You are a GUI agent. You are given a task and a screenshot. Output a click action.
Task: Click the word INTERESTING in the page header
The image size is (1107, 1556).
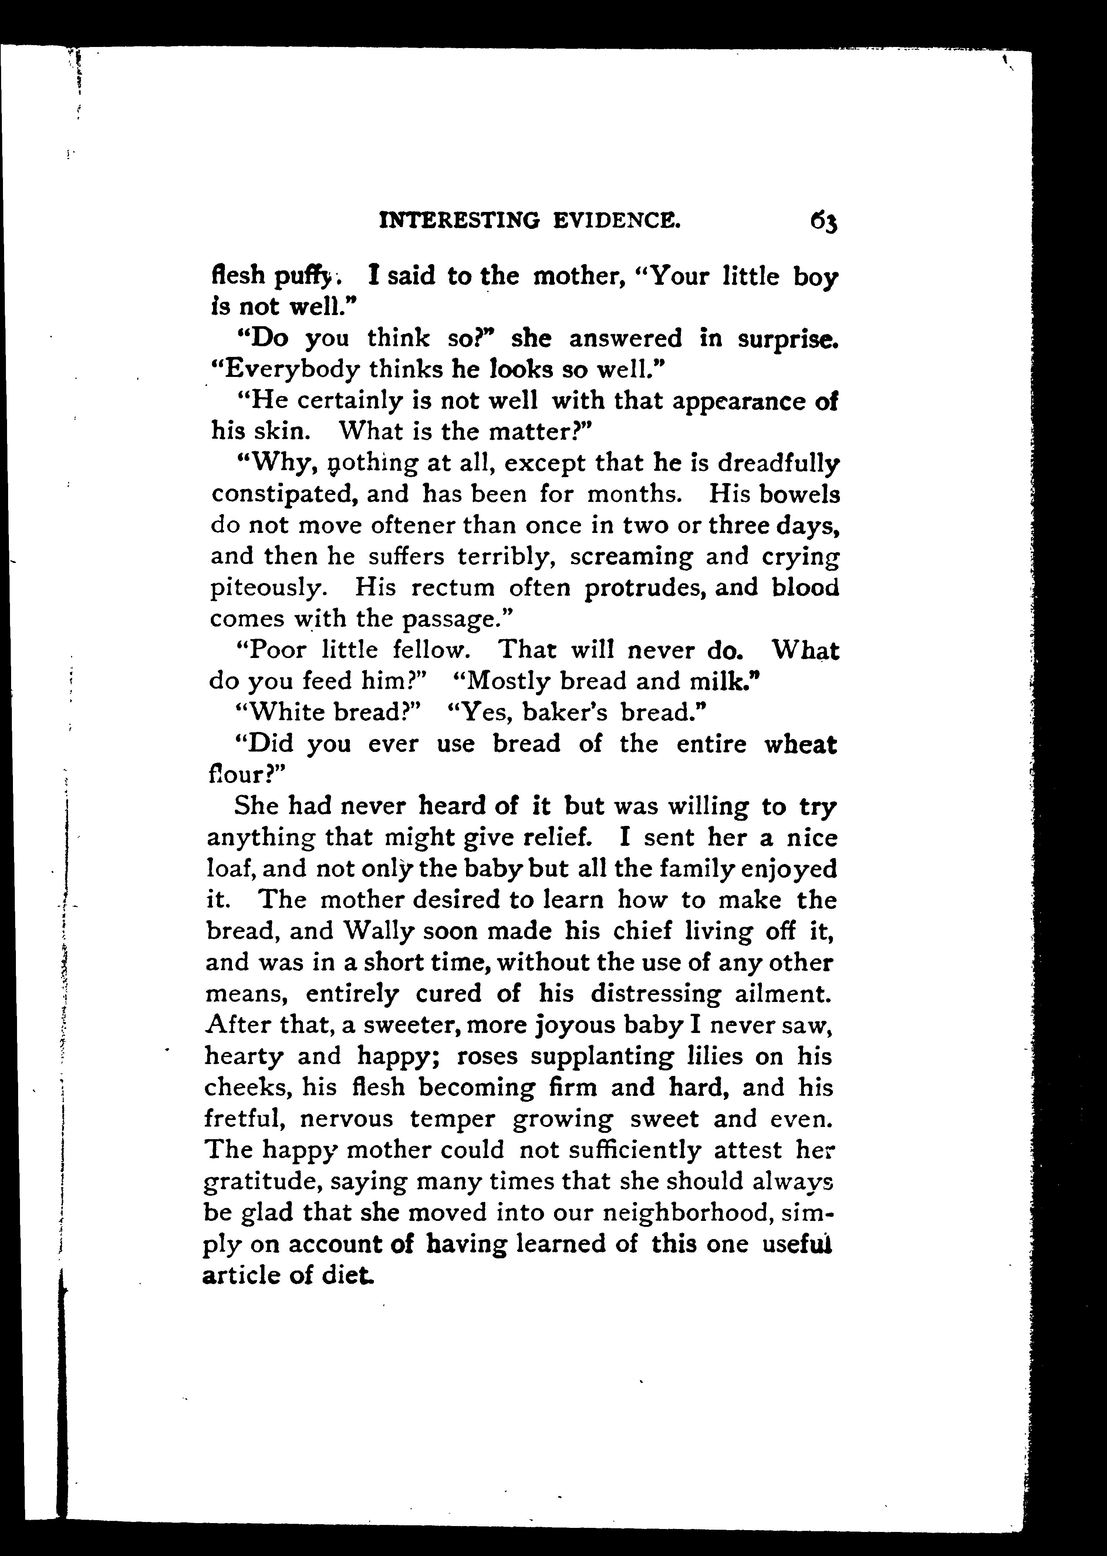coord(459,220)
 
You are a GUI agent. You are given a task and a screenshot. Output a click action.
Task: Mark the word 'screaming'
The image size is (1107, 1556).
coord(631,557)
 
